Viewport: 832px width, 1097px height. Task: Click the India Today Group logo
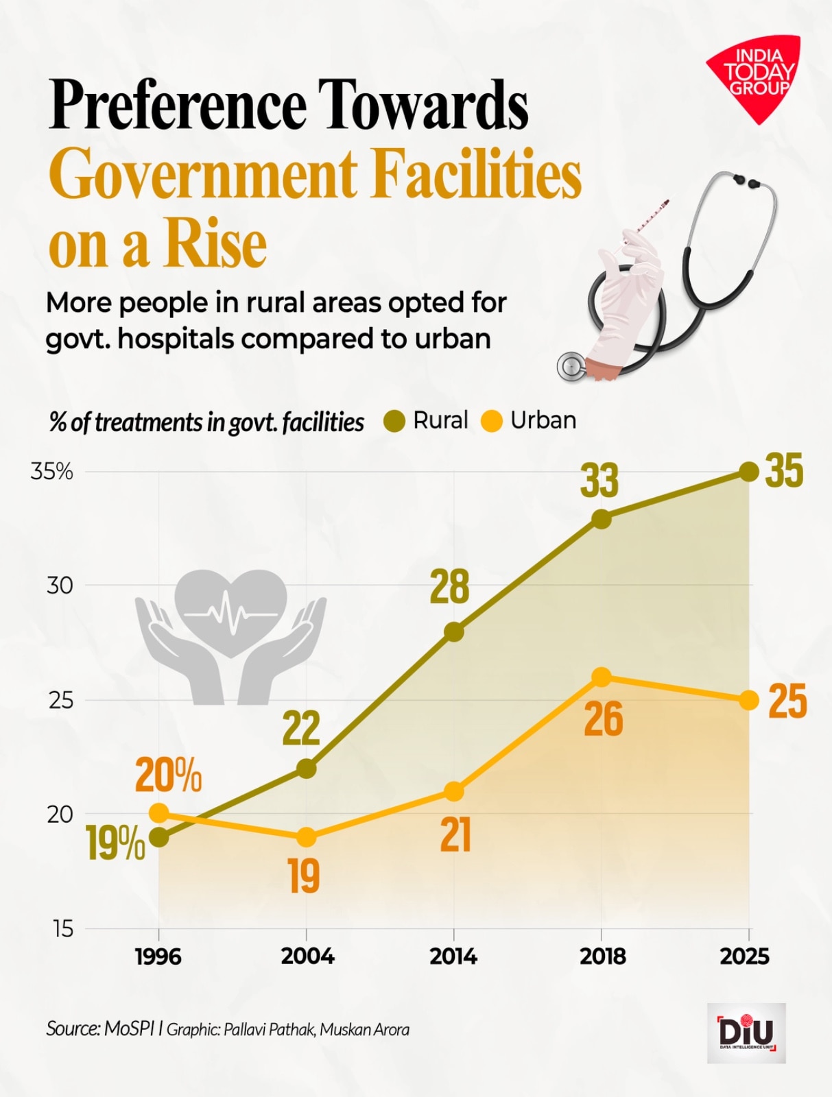[755, 76]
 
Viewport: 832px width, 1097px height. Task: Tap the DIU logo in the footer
[746, 1033]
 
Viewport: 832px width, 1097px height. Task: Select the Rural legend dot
[394, 421]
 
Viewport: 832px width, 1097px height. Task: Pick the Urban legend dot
[492, 421]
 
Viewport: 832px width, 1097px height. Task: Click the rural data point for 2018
[602, 519]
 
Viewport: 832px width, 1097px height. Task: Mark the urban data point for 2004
[307, 837]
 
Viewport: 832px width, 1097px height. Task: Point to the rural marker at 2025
[749, 472]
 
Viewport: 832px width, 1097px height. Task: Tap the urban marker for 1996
[158, 814]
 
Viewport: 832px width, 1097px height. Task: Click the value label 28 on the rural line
[449, 587]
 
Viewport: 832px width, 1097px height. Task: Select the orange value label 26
[604, 720]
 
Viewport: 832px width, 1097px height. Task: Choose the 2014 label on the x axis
[453, 956]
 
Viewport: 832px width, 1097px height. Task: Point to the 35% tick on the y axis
[52, 472]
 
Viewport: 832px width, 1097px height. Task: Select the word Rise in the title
[215, 245]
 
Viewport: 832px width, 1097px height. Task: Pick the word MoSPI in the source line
[130, 1028]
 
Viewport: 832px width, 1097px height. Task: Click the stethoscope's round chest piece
[571, 367]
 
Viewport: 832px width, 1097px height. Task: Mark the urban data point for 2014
[453, 792]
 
